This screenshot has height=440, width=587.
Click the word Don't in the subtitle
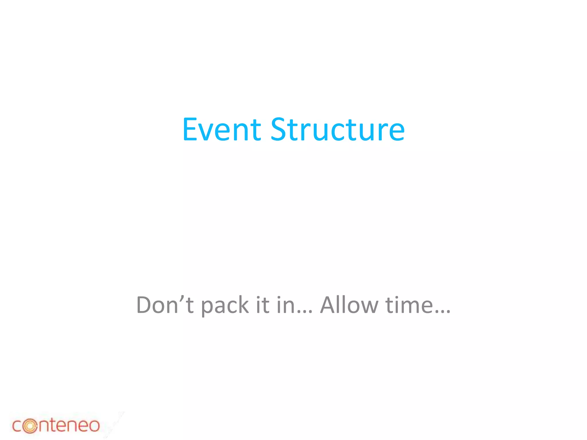click(165, 305)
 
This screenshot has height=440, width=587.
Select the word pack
click(224, 306)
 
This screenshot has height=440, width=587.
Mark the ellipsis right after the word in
click(304, 312)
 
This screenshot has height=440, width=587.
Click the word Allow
click(349, 305)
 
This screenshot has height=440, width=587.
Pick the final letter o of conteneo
click(93, 426)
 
